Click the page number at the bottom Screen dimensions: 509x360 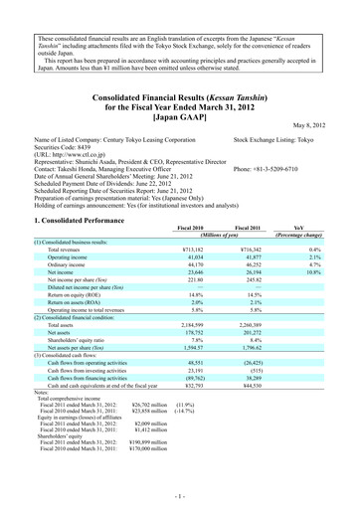(x=180, y=494)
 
